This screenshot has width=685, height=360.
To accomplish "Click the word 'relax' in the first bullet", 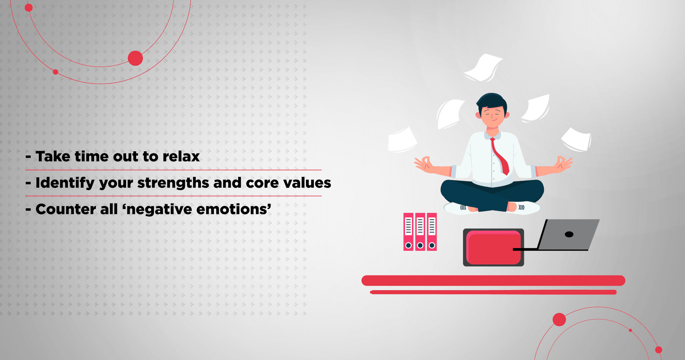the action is coord(181,156).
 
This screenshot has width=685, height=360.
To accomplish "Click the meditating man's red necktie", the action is coord(500,156).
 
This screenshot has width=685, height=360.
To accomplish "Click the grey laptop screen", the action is coord(569,234).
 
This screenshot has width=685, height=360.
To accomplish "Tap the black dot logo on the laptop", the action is coord(569,234).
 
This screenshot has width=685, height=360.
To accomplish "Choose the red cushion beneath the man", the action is coord(493,248).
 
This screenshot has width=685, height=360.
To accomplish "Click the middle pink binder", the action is coord(420,232).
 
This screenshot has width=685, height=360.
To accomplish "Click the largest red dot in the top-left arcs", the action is coord(135,58).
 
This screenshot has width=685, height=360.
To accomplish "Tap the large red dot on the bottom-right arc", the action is coord(559,320).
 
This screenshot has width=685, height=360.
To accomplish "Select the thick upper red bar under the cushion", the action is coord(493,281).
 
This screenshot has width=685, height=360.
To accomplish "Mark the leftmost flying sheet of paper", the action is coord(402,140).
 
